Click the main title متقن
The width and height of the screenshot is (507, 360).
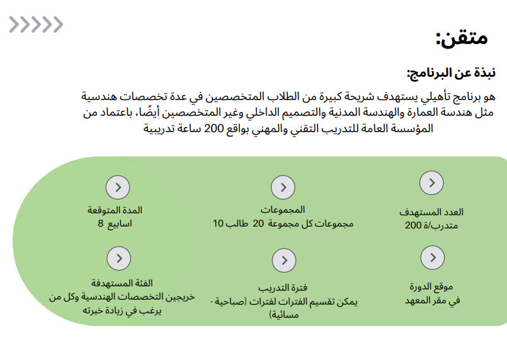[462, 38]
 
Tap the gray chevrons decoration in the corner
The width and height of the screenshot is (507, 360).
[36, 25]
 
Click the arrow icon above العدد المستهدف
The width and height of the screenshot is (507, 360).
[431, 183]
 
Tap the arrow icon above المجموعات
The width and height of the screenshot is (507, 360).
[283, 188]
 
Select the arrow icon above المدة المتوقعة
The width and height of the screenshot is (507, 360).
[118, 187]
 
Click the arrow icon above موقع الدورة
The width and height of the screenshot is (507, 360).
[431, 257]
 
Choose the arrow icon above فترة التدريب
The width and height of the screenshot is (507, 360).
[284, 261]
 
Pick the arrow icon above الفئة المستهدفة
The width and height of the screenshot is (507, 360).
[118, 259]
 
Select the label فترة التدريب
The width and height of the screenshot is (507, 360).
[282, 288]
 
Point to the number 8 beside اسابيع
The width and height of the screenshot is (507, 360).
[100, 223]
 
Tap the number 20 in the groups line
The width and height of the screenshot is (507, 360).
[258, 223]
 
